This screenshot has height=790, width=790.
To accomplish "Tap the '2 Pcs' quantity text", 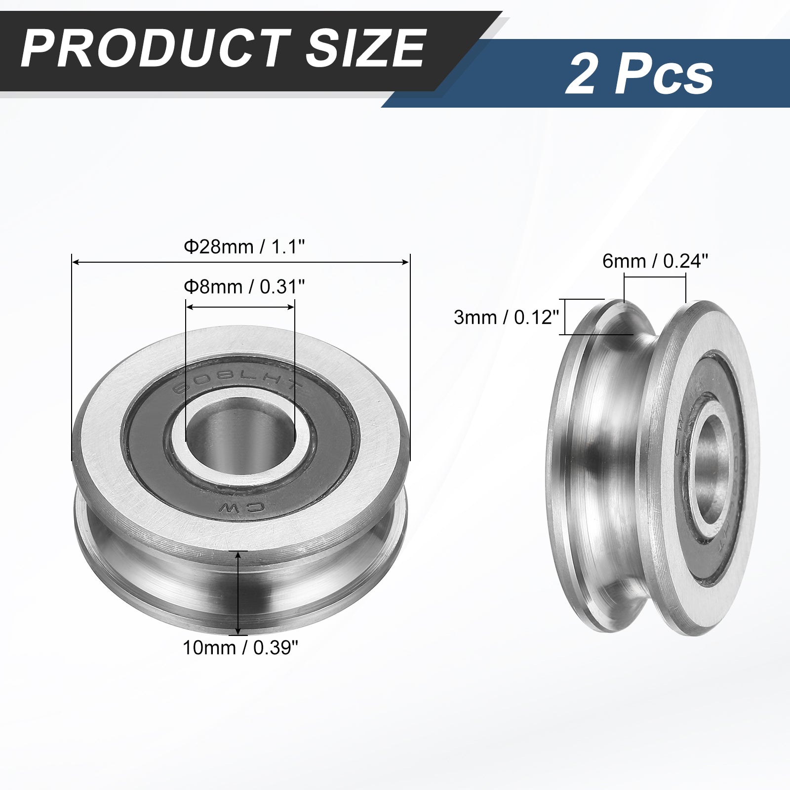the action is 639,75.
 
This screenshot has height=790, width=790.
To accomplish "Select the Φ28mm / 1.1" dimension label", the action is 242,246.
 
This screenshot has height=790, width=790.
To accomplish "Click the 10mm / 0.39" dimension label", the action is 240,647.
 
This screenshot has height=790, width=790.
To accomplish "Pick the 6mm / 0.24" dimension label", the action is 655,261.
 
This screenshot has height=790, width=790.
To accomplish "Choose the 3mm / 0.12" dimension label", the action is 506,317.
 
